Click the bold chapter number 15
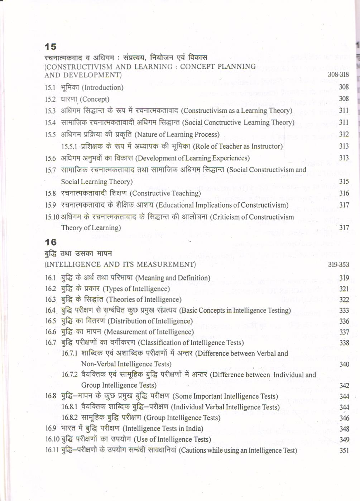point(51,47)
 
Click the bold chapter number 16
point(51,242)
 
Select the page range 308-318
point(338,74)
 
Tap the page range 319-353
point(338,265)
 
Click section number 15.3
point(50,111)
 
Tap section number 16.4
point(50,310)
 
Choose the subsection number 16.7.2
point(69,375)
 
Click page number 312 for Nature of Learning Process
point(344,134)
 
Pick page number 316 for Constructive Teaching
point(344,193)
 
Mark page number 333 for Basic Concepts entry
point(344,310)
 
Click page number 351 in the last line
point(344,451)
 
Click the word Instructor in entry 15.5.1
point(265,146)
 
